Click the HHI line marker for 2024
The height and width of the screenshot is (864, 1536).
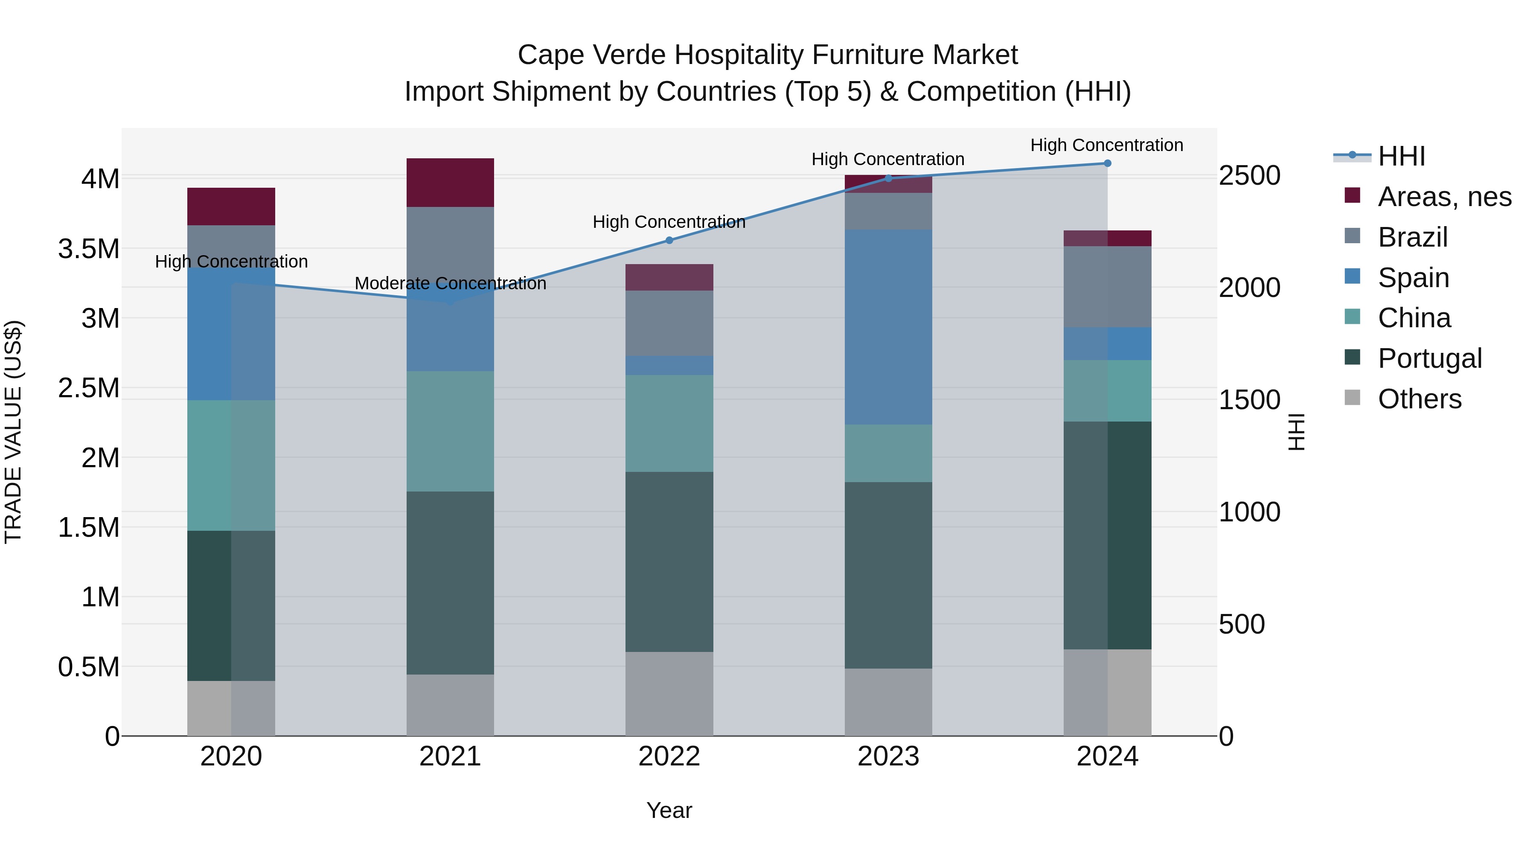[1107, 163]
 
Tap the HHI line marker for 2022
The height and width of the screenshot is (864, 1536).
[669, 240]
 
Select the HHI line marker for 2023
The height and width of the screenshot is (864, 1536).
[888, 178]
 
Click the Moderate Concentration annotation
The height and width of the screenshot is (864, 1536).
[450, 284]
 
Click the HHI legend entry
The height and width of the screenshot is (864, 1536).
[1401, 156]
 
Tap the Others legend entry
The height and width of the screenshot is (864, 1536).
[1419, 399]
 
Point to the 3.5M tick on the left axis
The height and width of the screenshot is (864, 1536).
[89, 249]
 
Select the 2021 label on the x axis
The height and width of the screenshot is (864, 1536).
[450, 756]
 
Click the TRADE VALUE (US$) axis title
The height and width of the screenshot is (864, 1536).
[13, 432]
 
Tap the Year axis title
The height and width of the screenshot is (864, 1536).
[669, 810]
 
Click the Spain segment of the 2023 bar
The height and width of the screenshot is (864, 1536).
[888, 327]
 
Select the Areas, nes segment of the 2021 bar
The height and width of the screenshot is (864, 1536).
[450, 183]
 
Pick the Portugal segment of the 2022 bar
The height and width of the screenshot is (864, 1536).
[669, 561]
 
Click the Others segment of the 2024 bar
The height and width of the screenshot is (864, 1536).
[1107, 692]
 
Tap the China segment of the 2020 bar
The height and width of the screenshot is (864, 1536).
[231, 465]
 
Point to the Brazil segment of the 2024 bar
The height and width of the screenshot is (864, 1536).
[1107, 286]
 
